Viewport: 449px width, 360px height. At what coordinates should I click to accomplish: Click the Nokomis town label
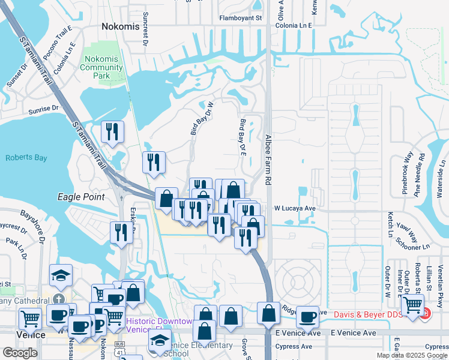click(120, 27)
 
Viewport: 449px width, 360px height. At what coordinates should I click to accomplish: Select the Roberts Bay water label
click(26, 158)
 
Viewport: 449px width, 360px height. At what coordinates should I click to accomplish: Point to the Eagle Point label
click(77, 196)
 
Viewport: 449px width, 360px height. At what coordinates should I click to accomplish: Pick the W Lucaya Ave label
click(295, 208)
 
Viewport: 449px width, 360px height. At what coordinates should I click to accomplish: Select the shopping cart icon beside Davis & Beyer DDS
click(412, 305)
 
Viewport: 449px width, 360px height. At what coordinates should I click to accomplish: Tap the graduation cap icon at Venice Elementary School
click(160, 341)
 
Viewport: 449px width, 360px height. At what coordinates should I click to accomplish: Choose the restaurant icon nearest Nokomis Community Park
click(112, 131)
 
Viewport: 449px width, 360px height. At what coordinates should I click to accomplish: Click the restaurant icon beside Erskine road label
click(121, 232)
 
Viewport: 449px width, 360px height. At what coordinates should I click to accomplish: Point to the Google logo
click(20, 353)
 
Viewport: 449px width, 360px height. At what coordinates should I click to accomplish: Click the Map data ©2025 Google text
click(412, 355)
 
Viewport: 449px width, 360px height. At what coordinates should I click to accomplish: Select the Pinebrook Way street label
click(407, 174)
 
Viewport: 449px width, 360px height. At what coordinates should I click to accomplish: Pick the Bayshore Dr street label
click(34, 225)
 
